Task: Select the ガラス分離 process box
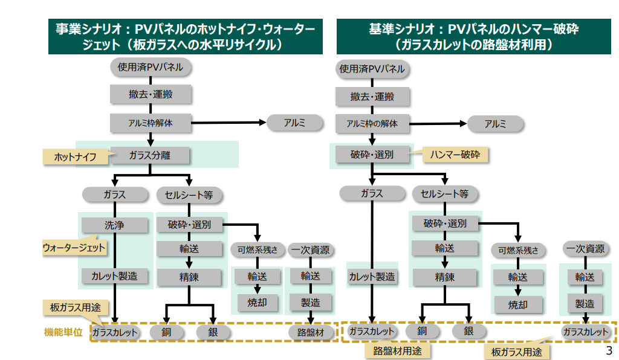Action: (150, 155)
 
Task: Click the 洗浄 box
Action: (114, 225)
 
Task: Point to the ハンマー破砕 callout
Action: (455, 155)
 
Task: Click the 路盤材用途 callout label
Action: (397, 350)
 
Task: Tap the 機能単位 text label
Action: (63, 332)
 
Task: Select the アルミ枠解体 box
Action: (151, 123)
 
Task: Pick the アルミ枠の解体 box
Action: (372, 124)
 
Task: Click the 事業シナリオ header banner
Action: (185, 36)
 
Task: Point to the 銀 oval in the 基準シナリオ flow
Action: (469, 331)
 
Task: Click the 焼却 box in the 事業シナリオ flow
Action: (257, 302)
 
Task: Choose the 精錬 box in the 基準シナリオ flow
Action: (444, 277)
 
